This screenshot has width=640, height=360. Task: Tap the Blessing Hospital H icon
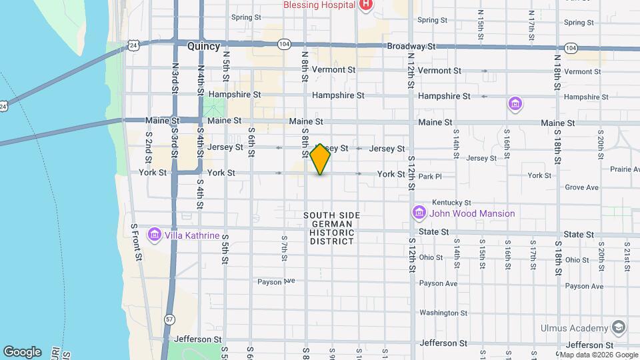366,5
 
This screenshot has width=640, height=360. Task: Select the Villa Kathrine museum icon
155,235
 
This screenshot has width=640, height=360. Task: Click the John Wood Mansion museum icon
419,213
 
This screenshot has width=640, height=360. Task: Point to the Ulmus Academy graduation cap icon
619,327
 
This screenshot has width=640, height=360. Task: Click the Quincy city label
203,46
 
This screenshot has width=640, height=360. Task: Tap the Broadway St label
411,47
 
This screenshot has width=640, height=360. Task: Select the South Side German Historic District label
331,229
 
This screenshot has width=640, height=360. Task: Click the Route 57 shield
170,320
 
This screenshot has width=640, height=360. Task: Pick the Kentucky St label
451,202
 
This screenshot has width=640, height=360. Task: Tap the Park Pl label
430,176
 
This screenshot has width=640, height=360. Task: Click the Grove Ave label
581,187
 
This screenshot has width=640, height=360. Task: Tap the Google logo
22,351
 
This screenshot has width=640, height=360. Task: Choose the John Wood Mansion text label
472,213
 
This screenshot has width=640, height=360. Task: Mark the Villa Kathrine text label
193,235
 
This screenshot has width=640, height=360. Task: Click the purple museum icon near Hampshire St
515,104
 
